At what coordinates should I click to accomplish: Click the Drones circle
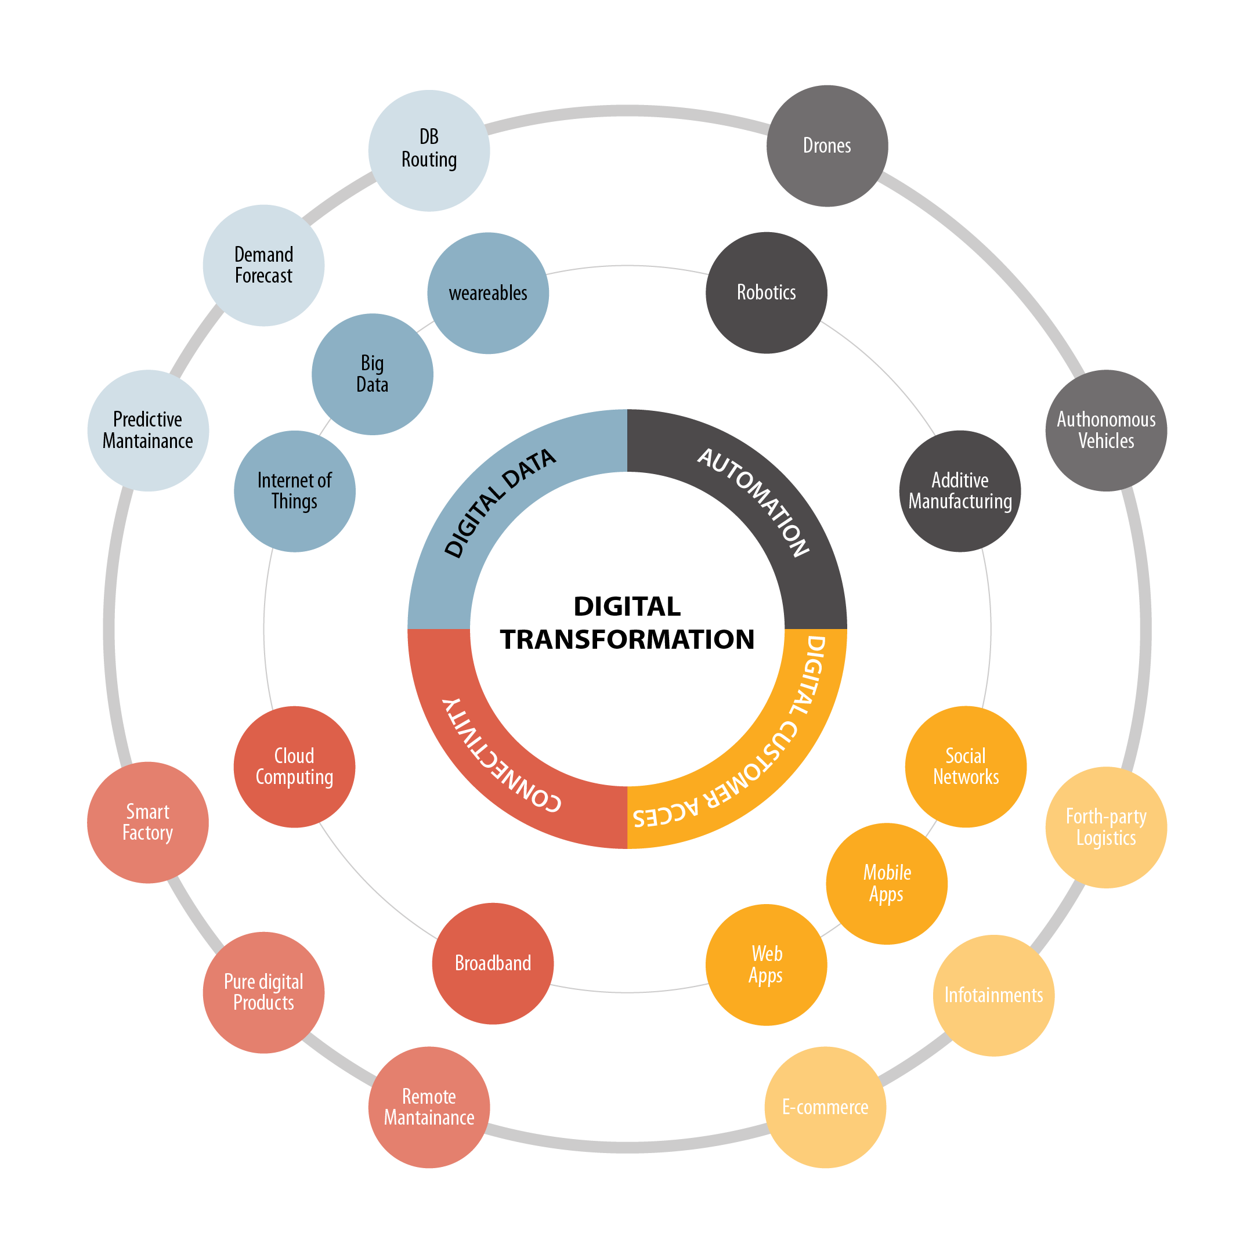point(827,146)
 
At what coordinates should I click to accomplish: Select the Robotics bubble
point(767,292)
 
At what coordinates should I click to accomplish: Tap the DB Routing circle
point(429,150)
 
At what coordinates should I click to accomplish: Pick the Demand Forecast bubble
point(263,265)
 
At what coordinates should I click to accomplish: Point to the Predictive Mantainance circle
point(148,431)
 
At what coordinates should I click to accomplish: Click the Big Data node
point(373,374)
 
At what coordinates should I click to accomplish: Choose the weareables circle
point(488,294)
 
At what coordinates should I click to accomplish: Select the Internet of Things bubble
point(295,492)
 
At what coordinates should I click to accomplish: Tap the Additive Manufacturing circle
point(960,492)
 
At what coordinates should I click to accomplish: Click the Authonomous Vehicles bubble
point(1106,431)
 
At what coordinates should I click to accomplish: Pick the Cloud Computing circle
point(295,767)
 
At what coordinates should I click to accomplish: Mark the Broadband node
point(493,963)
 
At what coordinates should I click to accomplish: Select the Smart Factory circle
point(148,822)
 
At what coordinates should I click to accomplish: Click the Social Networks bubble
point(966,767)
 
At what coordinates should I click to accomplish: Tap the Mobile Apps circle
point(887,883)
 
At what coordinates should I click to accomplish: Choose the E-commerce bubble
point(825,1107)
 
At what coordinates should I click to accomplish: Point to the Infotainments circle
point(993,995)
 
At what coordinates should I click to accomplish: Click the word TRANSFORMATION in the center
point(627,639)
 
